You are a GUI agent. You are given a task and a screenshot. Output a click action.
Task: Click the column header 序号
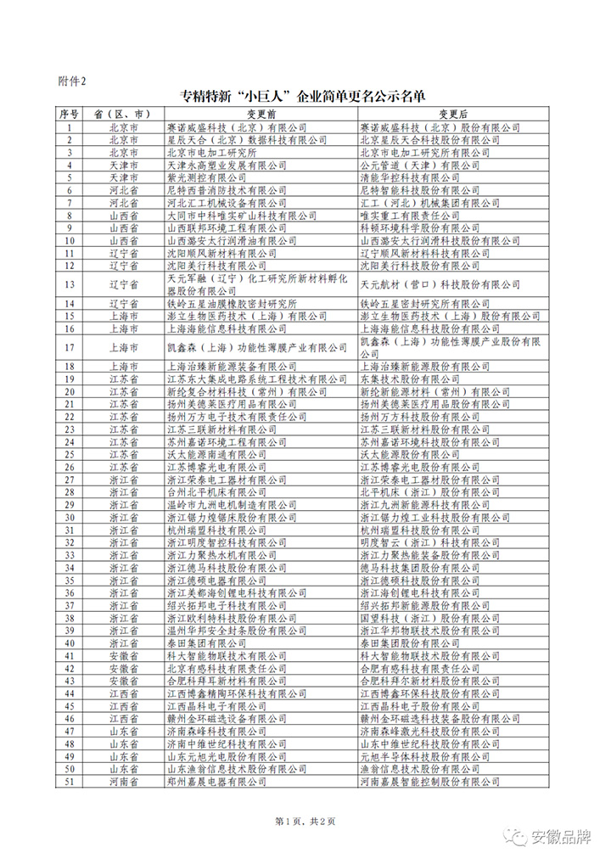tap(69, 113)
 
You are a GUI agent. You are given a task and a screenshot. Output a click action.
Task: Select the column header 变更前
tap(261, 113)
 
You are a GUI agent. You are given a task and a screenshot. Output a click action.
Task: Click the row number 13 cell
tap(69, 284)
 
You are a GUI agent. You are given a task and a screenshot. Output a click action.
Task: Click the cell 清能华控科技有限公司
tap(411, 177)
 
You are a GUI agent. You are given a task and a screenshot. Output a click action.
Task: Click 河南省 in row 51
tap(124, 781)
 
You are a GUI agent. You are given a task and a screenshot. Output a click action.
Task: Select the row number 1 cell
tap(69, 126)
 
